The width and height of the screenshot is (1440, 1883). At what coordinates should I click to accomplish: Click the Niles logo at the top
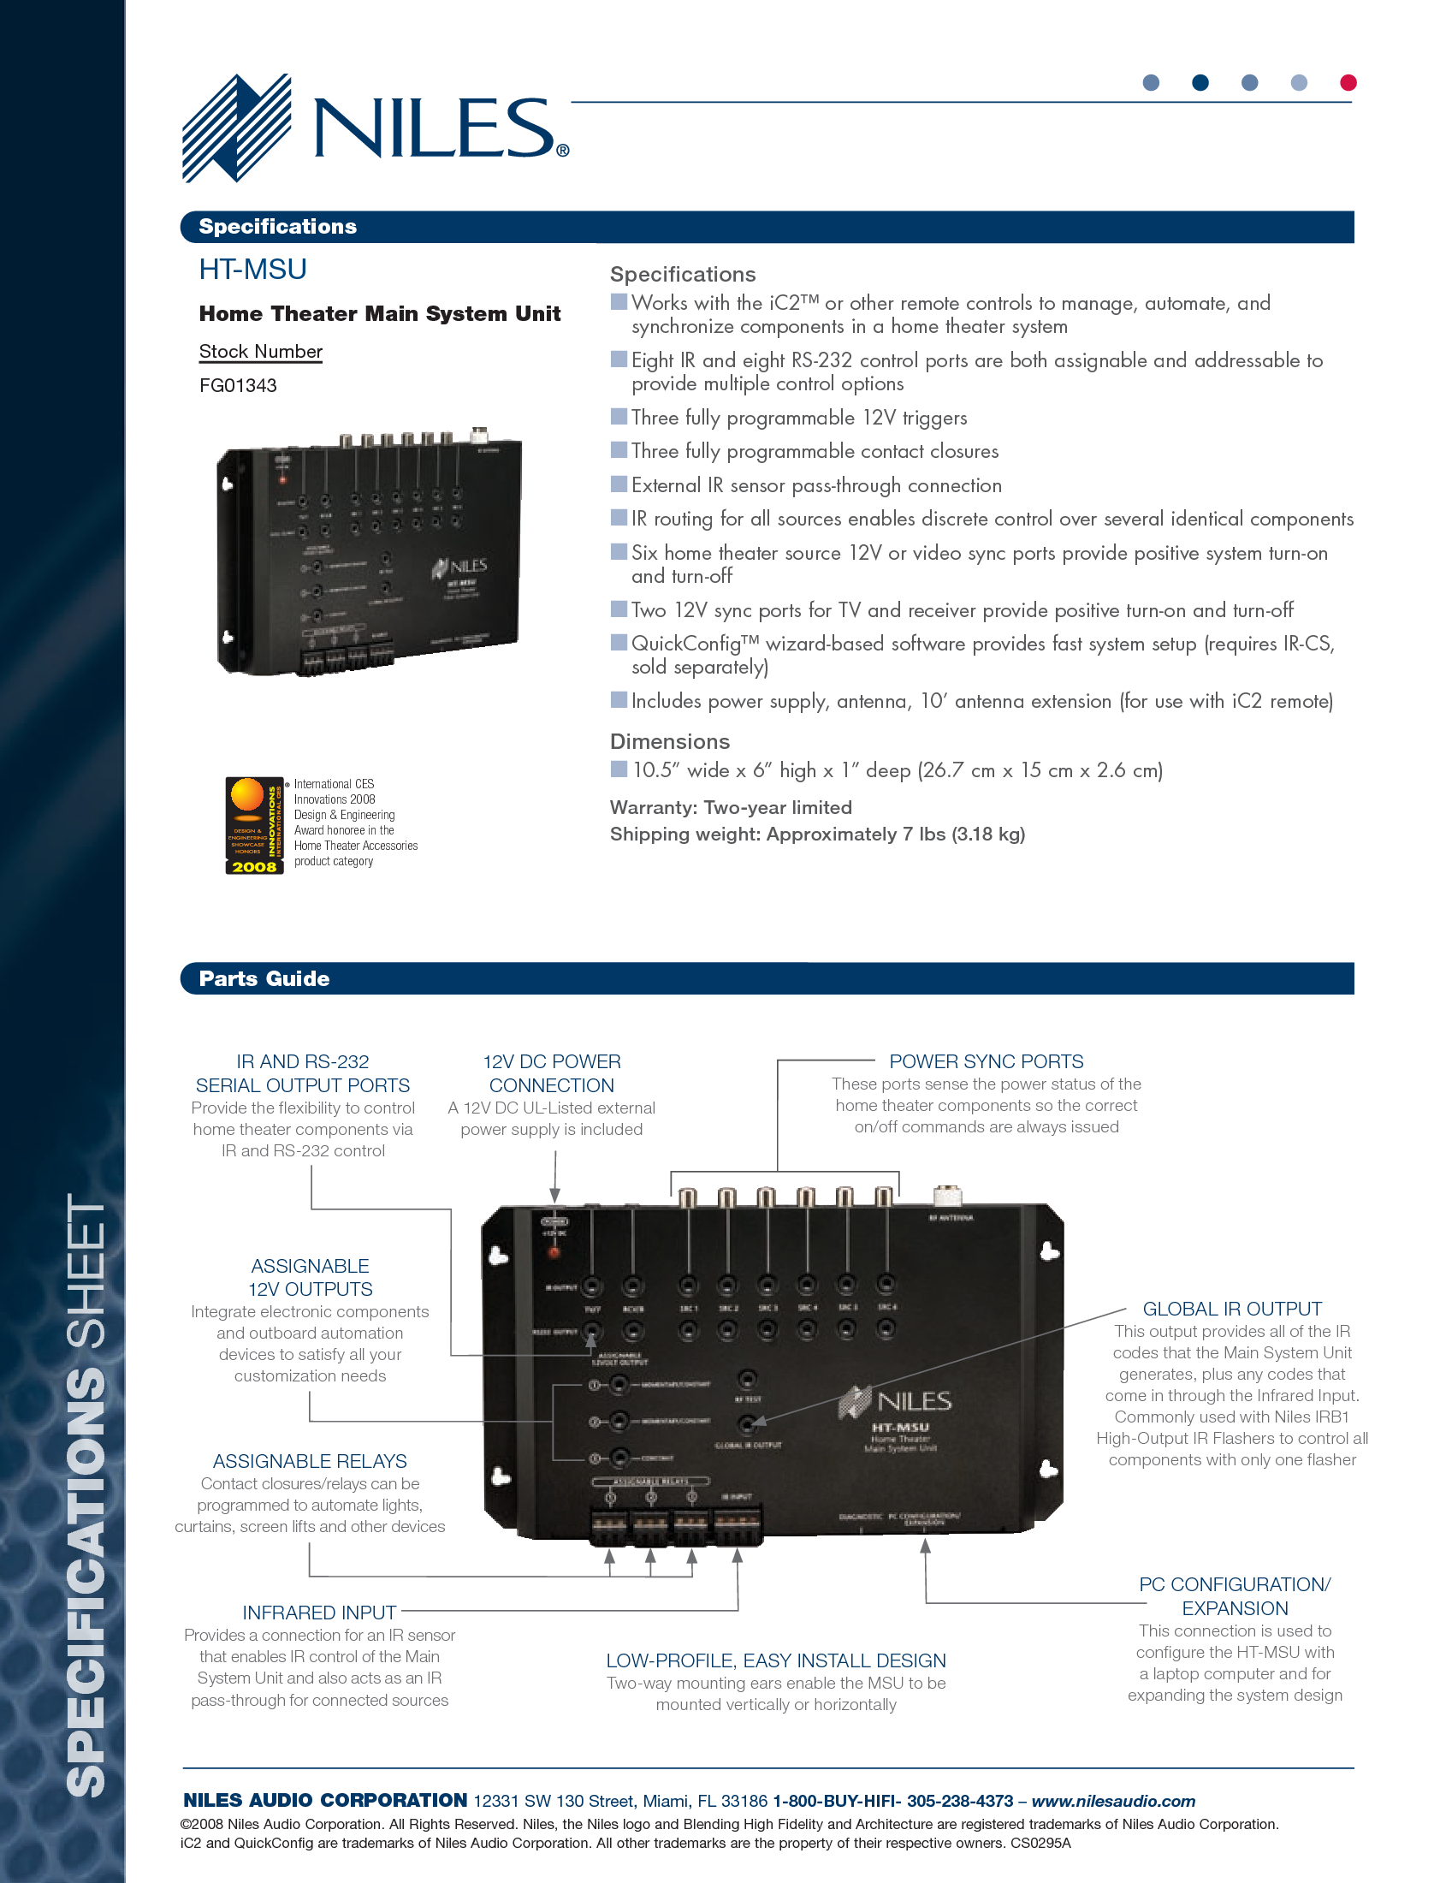point(375,128)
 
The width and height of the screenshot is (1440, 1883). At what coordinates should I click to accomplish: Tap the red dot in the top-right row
point(1348,82)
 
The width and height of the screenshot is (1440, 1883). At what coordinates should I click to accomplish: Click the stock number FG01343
point(237,386)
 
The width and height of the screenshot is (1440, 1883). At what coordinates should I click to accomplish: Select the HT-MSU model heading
point(253,270)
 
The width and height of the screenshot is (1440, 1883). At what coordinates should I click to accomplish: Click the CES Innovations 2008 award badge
point(254,825)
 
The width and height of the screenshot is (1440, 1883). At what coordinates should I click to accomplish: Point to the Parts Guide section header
point(264,978)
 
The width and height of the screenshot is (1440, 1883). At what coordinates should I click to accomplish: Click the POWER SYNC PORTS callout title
point(986,1061)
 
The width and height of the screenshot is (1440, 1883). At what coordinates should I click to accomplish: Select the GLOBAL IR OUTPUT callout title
point(1232,1309)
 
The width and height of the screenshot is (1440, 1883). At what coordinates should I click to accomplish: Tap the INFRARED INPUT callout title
point(319,1613)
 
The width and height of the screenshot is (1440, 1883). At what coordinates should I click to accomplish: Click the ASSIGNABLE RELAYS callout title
point(310,1461)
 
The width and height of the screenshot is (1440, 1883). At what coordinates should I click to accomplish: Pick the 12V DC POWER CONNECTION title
point(552,1073)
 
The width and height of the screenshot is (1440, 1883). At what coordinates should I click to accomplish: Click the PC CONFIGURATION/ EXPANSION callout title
point(1235,1596)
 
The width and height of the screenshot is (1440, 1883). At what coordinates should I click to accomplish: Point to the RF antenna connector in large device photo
point(947,1196)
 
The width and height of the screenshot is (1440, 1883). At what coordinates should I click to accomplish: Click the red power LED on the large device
point(554,1253)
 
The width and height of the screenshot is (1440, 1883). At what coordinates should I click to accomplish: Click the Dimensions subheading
point(669,742)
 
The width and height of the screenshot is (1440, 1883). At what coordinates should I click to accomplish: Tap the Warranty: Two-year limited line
point(731,808)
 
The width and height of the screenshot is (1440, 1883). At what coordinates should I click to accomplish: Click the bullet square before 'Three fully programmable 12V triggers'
point(619,417)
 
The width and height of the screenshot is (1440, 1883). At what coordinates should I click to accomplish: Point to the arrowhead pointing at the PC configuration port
point(925,1546)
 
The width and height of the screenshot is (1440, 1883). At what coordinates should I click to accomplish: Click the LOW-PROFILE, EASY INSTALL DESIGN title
point(776,1661)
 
